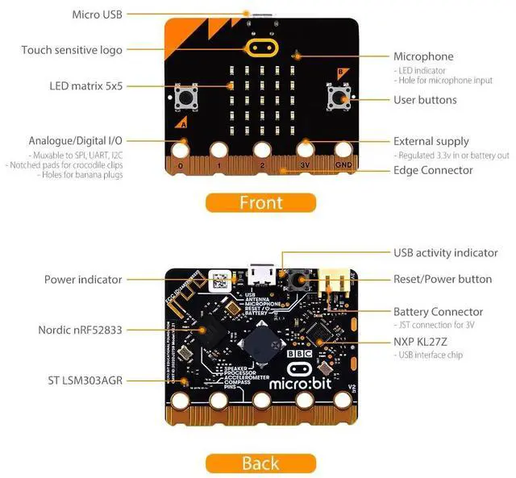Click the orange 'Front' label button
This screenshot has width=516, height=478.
[x=260, y=202]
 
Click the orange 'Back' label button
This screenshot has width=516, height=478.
[x=260, y=463]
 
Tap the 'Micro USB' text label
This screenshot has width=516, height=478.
[x=98, y=14]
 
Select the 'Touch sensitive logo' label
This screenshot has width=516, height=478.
[x=72, y=50]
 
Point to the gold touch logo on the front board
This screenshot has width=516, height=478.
[x=260, y=47]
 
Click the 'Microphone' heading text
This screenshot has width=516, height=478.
[x=423, y=56]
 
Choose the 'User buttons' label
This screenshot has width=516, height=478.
[x=425, y=100]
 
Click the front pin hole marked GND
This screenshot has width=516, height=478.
[x=343, y=150]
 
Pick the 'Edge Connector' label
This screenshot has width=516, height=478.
[x=433, y=170]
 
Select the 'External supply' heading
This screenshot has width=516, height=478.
[x=431, y=141]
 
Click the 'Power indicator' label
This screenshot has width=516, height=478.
[x=83, y=280]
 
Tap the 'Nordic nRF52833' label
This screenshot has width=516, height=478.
[x=80, y=329]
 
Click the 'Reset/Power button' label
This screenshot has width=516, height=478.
[x=443, y=279]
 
